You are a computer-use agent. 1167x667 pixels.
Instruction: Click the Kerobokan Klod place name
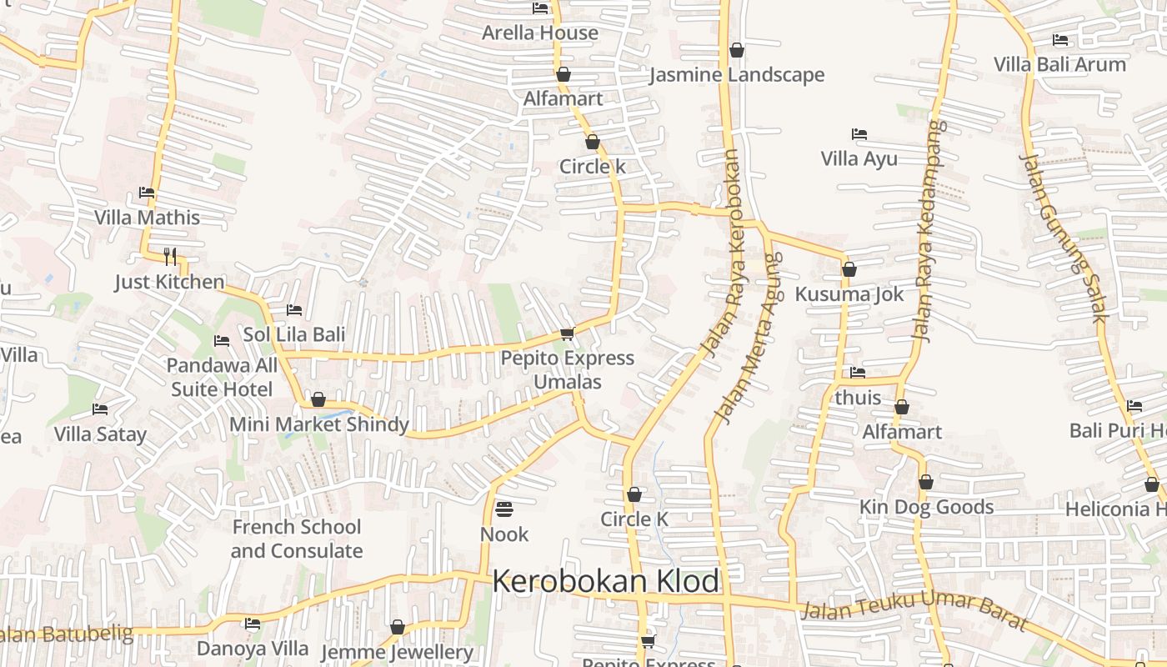click(x=605, y=581)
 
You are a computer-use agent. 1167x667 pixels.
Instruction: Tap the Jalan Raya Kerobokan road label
click(x=723, y=253)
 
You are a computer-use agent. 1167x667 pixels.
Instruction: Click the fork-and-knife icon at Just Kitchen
click(x=170, y=255)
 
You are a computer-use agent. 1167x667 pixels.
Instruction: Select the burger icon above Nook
click(x=503, y=508)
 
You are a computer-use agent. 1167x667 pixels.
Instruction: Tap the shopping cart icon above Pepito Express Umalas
click(x=568, y=333)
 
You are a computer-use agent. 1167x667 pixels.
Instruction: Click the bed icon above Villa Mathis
click(x=147, y=193)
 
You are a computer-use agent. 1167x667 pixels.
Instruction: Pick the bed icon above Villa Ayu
click(x=859, y=133)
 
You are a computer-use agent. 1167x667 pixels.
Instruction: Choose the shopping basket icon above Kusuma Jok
click(x=849, y=269)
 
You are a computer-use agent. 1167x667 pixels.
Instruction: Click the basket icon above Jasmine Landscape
click(x=736, y=50)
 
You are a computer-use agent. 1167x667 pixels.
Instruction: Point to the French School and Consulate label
click(x=297, y=539)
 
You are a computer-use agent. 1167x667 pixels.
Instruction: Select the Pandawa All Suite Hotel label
click(x=222, y=377)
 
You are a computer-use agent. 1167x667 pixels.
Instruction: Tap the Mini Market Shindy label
click(x=319, y=424)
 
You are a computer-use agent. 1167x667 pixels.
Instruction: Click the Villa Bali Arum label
click(x=1059, y=64)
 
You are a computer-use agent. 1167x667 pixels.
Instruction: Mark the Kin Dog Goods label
click(x=926, y=507)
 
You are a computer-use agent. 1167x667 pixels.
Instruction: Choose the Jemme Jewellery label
click(x=397, y=652)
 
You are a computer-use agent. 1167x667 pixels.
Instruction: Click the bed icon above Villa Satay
click(x=100, y=409)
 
